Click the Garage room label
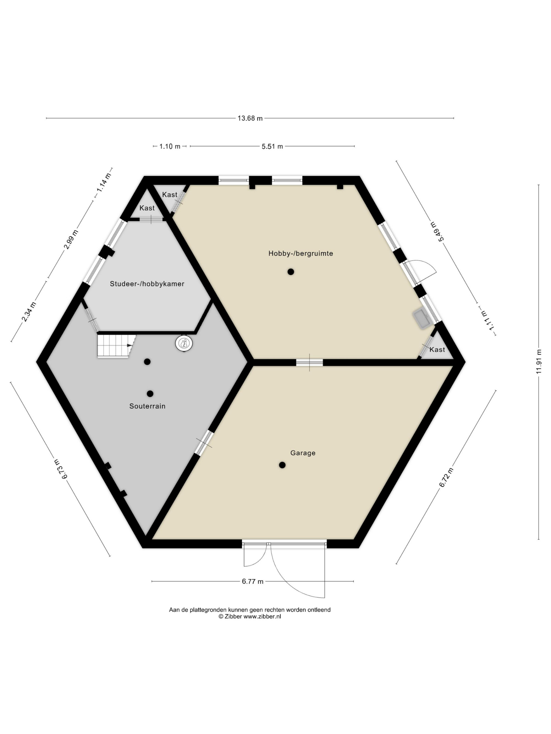(x=302, y=453)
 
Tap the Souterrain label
(x=147, y=406)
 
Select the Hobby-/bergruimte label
(x=301, y=253)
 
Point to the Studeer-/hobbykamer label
(x=147, y=284)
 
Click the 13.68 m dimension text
(x=250, y=118)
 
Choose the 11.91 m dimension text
(x=539, y=362)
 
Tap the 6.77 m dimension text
(x=252, y=581)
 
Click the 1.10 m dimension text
(x=170, y=146)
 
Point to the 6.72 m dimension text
(x=446, y=477)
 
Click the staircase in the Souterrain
(x=116, y=346)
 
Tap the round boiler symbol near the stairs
(x=184, y=343)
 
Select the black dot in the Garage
(x=282, y=465)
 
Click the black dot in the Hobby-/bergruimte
(x=291, y=272)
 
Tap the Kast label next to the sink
(x=437, y=350)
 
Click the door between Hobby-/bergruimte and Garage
(x=309, y=362)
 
